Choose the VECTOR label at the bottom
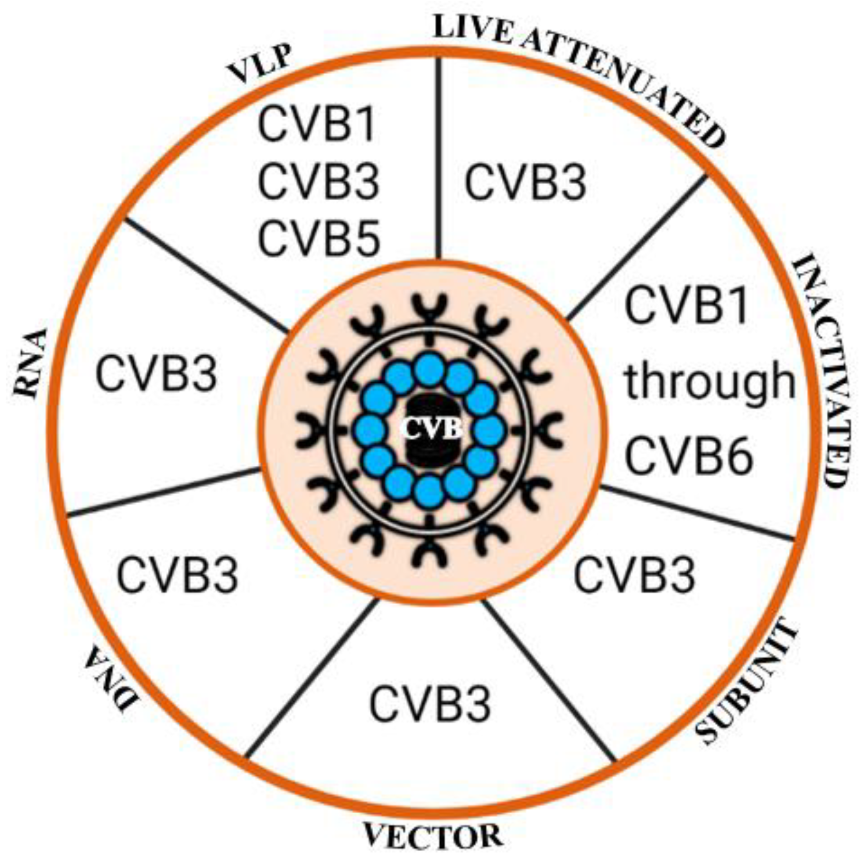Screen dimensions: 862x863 433,836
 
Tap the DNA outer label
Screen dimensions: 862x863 111,679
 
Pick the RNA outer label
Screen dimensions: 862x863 31,363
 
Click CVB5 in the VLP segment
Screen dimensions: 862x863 319,239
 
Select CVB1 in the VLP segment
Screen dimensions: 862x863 317,125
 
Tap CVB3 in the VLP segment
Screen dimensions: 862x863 319,182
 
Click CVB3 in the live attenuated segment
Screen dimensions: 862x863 525,182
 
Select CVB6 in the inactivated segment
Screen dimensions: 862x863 688,456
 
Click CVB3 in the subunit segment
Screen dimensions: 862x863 634,575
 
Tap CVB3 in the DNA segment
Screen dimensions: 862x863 177,575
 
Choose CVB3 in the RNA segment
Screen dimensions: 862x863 156,374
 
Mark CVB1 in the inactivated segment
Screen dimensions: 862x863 687,306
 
